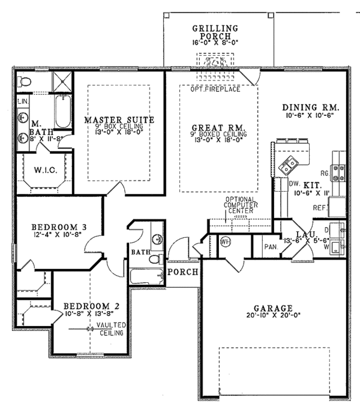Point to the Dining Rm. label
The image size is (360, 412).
tap(311, 108)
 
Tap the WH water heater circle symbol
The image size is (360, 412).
tap(226, 241)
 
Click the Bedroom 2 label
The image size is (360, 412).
tap(92, 306)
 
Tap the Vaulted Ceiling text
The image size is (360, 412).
tap(112, 329)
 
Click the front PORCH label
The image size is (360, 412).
tap(179, 272)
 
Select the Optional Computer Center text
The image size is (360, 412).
tap(241, 205)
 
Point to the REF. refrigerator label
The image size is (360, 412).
tap(319, 207)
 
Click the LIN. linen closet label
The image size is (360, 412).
tap(23, 101)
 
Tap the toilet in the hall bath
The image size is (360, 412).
tap(155, 258)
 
